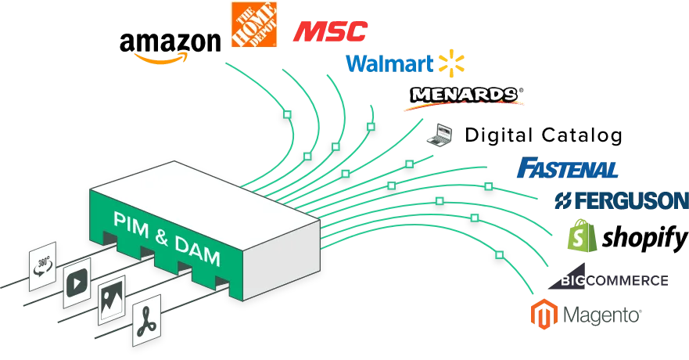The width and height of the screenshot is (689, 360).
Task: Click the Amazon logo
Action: (x=170, y=48)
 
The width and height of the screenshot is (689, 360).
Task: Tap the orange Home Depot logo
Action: (x=254, y=24)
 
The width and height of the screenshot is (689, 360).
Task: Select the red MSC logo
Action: (x=331, y=31)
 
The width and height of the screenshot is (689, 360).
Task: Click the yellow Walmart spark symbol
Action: (x=451, y=63)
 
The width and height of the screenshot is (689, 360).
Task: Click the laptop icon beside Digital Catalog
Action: (x=440, y=135)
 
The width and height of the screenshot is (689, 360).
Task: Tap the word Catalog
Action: (x=582, y=136)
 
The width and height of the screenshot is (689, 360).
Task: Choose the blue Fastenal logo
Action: (x=568, y=168)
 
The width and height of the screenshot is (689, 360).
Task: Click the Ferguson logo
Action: (x=621, y=200)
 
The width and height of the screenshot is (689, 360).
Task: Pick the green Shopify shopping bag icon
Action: (x=582, y=236)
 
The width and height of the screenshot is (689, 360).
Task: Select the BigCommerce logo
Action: (x=608, y=277)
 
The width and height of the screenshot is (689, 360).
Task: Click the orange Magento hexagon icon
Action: (x=544, y=314)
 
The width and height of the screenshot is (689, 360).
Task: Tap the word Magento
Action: (x=602, y=315)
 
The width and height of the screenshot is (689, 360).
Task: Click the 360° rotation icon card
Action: (x=43, y=266)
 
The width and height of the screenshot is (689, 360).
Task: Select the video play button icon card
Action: (x=77, y=283)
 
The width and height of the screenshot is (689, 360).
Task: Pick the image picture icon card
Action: (x=112, y=300)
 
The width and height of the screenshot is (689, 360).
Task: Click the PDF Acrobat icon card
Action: (x=146, y=320)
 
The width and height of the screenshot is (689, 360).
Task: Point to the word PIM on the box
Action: (x=131, y=225)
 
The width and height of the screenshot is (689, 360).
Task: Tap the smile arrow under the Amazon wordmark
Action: (x=161, y=59)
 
